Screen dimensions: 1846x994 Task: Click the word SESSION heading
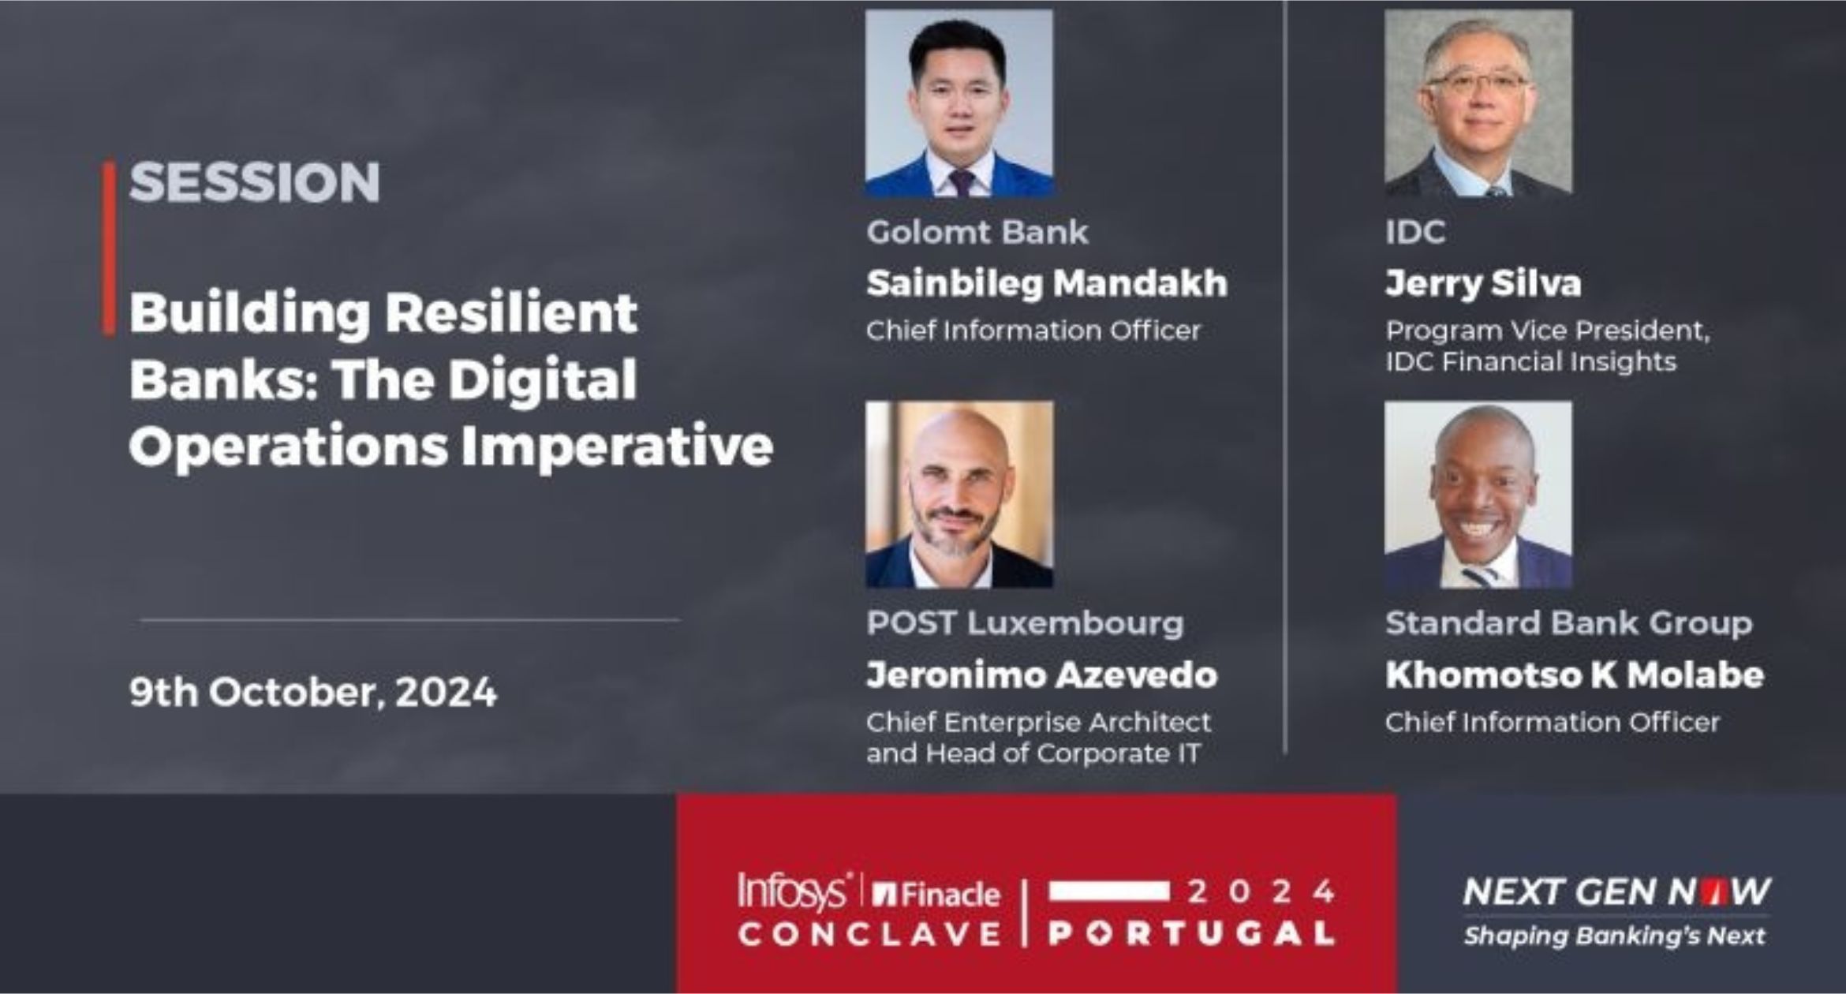coord(255,182)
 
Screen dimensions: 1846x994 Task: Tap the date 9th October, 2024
coord(313,692)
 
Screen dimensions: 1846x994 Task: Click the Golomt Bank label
coord(977,232)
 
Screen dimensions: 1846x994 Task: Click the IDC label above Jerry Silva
coord(1416,232)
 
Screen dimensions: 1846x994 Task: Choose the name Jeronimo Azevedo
coord(1042,675)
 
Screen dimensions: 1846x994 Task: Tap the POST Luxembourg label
coord(1026,623)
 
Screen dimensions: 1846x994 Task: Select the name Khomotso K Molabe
coord(1575,675)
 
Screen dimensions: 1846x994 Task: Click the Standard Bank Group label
coord(1569,624)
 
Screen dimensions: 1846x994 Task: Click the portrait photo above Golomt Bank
coord(959,103)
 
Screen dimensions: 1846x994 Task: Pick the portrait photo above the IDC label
coord(1478,103)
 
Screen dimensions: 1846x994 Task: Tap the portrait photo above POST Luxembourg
coord(959,495)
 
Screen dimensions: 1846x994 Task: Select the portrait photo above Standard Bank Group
coord(1478,495)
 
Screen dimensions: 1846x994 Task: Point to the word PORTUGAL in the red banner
coord(1191,934)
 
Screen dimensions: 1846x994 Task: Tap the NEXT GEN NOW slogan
coord(1616,892)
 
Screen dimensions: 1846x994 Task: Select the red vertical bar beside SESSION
coord(109,248)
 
